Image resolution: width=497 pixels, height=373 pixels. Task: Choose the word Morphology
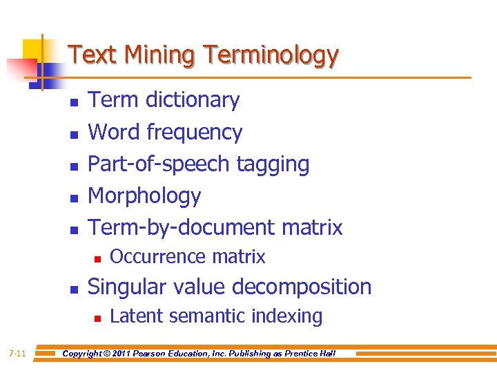pyautogui.click(x=144, y=196)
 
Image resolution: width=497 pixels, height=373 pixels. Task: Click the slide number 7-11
pyautogui.click(x=17, y=354)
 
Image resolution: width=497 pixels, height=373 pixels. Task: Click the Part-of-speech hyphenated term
pyautogui.click(x=159, y=164)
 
